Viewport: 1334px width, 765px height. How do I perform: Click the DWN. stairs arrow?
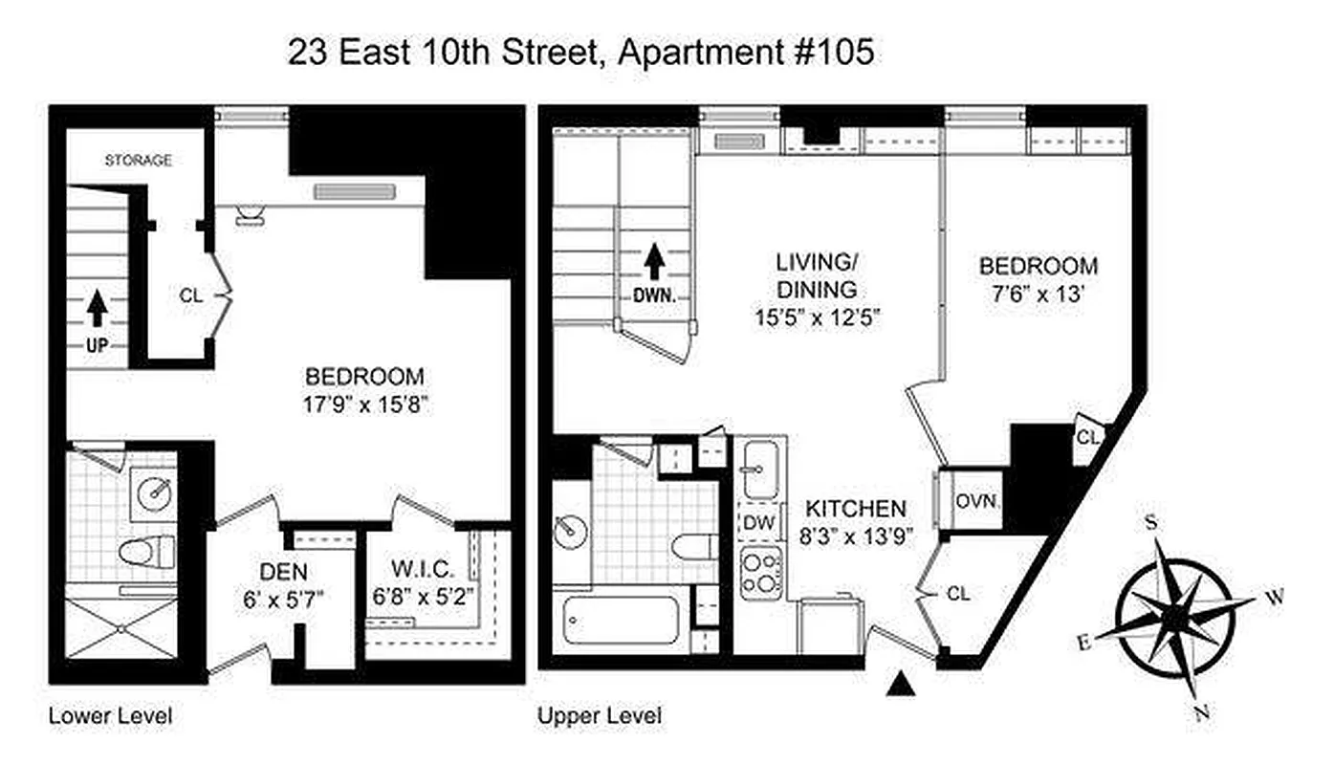[654, 260]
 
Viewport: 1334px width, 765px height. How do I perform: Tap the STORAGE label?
[138, 160]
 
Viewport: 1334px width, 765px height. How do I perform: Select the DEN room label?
[283, 573]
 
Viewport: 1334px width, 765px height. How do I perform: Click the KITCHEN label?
[854, 508]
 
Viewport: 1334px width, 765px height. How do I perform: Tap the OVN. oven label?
[976, 500]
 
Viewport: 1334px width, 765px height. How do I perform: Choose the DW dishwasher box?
[758, 523]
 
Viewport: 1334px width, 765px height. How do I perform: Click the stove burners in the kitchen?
[761, 573]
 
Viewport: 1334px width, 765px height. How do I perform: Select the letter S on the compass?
[1152, 522]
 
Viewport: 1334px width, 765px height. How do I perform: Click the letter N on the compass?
[1204, 711]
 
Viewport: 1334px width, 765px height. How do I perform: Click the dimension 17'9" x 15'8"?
[363, 404]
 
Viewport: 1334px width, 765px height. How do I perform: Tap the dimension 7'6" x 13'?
[1037, 294]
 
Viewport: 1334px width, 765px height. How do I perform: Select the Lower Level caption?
[110, 715]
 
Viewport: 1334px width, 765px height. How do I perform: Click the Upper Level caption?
[600, 715]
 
